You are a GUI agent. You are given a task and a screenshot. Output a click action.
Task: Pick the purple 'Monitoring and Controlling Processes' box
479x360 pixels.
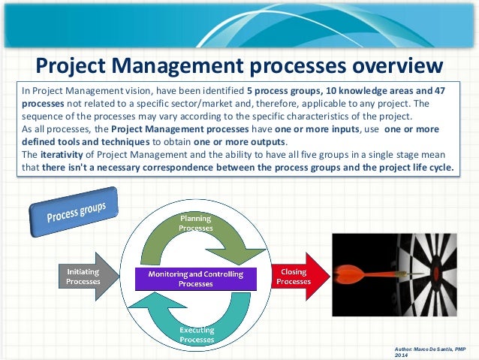click(x=194, y=279)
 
